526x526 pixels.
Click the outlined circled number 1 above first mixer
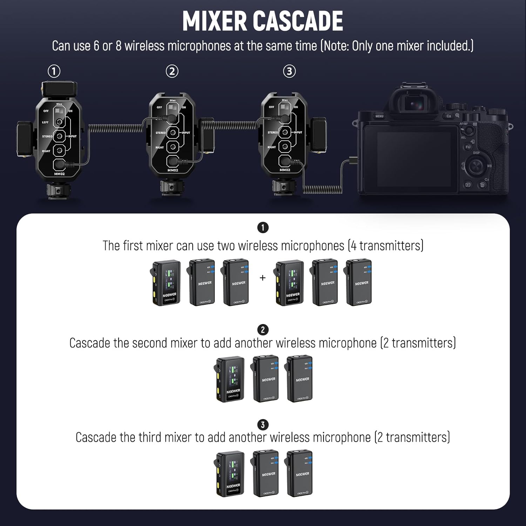click(x=54, y=71)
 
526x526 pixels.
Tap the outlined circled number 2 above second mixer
click(x=172, y=71)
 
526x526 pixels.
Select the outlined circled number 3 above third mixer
click(x=289, y=71)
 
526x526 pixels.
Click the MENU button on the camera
click(x=379, y=116)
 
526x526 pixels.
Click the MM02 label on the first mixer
click(x=59, y=174)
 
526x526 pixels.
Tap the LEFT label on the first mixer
click(x=45, y=122)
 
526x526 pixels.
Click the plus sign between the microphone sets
click(x=263, y=278)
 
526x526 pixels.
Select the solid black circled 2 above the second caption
click(x=263, y=330)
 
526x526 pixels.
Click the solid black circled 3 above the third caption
click(x=263, y=425)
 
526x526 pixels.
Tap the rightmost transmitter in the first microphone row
click(x=358, y=283)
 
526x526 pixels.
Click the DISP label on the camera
click(x=476, y=153)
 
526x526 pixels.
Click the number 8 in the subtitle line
click(x=118, y=46)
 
